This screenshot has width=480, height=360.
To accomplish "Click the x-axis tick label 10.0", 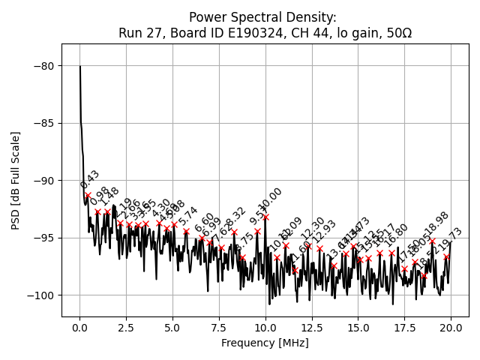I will point(265,328).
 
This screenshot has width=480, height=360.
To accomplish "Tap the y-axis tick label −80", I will point(43,66).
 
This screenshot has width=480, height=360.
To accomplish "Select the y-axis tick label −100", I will point(40,295).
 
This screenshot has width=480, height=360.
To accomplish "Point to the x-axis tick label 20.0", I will point(451,328).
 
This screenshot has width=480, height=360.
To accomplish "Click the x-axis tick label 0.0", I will point(79,328).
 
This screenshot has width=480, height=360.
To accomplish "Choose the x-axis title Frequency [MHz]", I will point(265,343).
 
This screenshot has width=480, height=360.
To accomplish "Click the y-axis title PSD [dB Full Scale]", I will point(15,180).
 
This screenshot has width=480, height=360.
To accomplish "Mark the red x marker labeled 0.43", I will point(88,195).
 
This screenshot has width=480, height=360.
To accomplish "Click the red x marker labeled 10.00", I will point(265,217).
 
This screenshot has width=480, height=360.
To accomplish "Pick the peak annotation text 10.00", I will point(271,199).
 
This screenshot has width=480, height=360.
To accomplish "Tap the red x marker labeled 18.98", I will point(432,241).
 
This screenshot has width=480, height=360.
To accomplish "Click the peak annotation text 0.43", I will point(90,180).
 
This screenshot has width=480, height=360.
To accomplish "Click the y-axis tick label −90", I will point(43,181).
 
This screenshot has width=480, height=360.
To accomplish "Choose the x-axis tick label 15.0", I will point(358,328).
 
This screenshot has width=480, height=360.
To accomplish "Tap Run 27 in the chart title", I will point(139,33).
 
